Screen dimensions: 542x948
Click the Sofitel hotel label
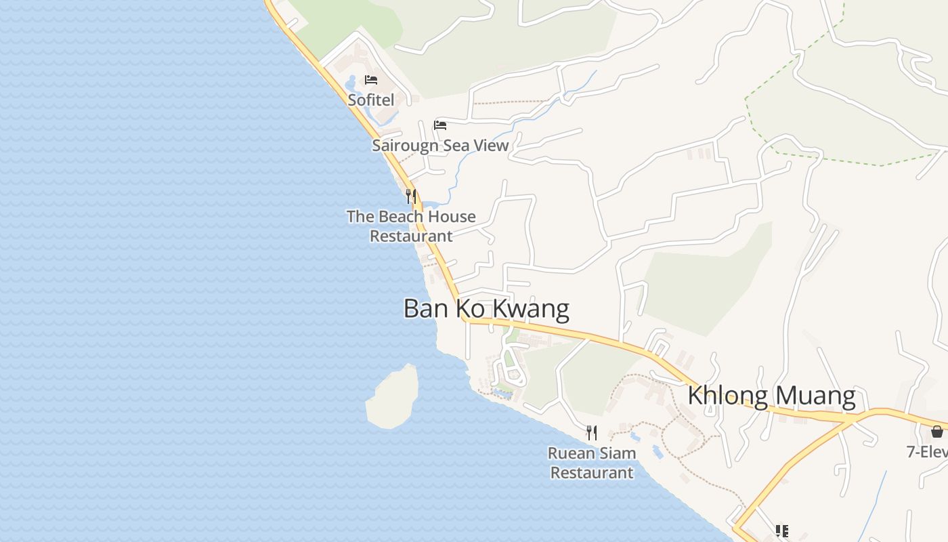[371, 100]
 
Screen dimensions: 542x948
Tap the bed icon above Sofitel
[371, 80]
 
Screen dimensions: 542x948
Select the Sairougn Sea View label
[440, 145]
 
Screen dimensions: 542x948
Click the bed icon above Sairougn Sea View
[440, 125]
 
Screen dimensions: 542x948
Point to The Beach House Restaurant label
[411, 226]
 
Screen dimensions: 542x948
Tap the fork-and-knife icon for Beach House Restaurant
[411, 196]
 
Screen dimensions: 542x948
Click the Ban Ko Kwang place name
[486, 309]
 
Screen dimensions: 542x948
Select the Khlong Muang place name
[771, 395]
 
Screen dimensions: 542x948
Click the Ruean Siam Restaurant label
[592, 463]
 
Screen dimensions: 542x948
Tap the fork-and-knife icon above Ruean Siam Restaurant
[592, 432]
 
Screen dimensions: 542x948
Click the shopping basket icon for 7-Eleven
[937, 432]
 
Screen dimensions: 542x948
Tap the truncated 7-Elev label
[928, 451]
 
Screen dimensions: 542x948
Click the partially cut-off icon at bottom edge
[782, 532]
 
